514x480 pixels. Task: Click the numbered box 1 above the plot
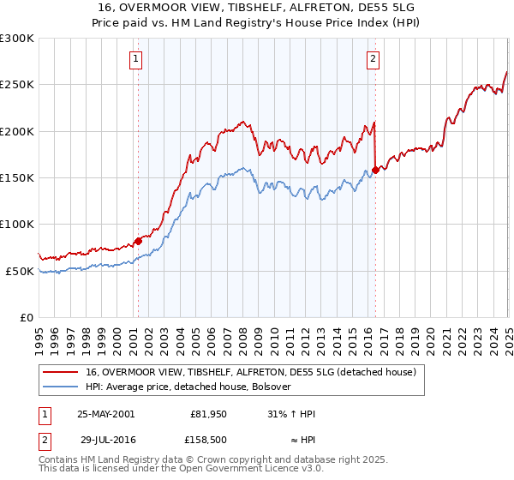pos(136,59)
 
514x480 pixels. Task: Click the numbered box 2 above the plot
pos(374,59)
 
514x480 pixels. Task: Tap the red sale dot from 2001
pos(138,241)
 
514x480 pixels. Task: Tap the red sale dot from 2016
pos(375,170)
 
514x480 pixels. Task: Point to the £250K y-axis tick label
pos(17,85)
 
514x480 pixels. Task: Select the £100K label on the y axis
pos(17,224)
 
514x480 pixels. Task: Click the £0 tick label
pos(26,317)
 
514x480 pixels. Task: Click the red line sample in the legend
pos(60,372)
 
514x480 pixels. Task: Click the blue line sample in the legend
pos(60,387)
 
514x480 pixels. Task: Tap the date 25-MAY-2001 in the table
pos(105,414)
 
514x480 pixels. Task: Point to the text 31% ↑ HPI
pos(291,414)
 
